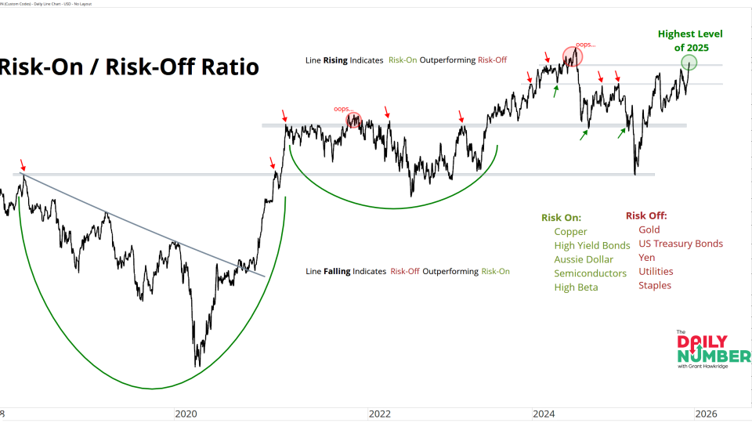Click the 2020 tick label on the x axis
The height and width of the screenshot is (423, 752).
point(186,413)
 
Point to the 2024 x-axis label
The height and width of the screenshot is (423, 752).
point(542,413)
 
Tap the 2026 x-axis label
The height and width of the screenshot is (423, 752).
point(705,413)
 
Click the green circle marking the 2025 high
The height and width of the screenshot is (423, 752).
point(689,63)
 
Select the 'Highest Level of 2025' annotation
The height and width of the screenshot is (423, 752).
point(689,41)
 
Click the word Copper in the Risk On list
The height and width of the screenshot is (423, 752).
point(570,231)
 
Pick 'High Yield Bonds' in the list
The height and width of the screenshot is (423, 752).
point(592,245)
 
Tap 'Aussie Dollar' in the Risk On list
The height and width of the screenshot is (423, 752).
point(584,259)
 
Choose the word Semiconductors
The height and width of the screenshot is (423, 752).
point(591,273)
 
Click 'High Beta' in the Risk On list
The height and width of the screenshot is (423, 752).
point(576,287)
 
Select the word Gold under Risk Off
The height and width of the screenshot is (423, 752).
point(649,230)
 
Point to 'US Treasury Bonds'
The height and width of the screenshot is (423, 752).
point(681,244)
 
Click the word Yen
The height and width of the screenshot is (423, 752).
point(647,257)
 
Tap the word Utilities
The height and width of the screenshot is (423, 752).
point(656,271)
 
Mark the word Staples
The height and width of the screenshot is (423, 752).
point(655,285)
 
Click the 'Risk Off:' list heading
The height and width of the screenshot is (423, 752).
point(647,215)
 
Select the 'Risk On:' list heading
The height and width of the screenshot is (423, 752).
point(561,217)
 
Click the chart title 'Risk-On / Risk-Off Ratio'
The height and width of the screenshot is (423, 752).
point(129,67)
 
